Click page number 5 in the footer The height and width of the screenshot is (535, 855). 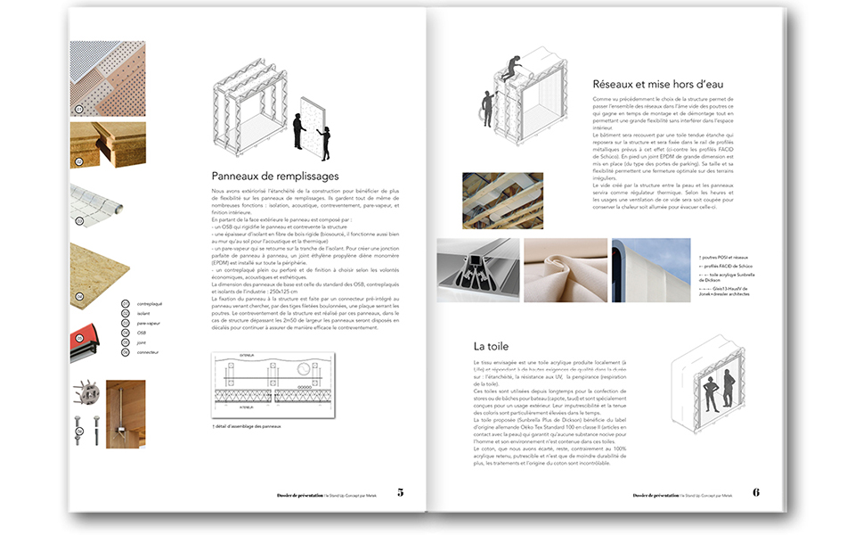(400, 492)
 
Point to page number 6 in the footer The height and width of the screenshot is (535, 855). (756, 492)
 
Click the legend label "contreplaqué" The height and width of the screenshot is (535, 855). (149, 304)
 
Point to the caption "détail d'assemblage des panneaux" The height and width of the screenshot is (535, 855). (248, 426)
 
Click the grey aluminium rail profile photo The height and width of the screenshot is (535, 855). (478, 270)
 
